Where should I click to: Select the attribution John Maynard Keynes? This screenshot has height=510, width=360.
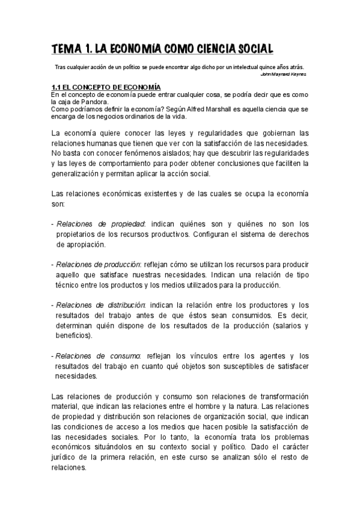click(284, 75)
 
